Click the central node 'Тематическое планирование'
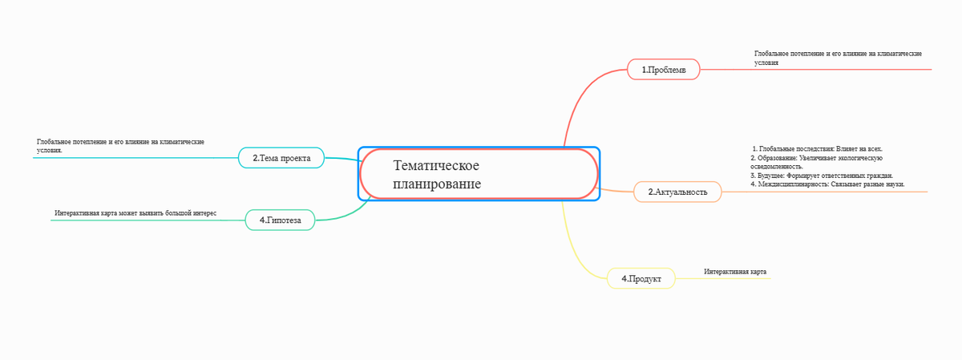coord(479,174)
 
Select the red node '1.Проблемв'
coord(664,70)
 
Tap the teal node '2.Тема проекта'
coord(281,158)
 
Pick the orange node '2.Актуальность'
coord(677,192)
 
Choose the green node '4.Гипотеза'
coord(280,220)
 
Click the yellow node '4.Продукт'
coord(641,278)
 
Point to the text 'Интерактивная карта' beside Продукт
coord(735,272)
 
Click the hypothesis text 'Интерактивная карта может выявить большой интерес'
coord(135,213)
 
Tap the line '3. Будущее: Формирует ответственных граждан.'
coord(821,175)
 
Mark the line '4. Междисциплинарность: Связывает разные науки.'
coord(827,184)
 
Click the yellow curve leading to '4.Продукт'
coord(576,249)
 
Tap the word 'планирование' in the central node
coord(437,184)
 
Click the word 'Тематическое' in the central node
coord(436,165)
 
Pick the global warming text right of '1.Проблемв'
coord(837,57)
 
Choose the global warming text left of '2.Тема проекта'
coord(120,145)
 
